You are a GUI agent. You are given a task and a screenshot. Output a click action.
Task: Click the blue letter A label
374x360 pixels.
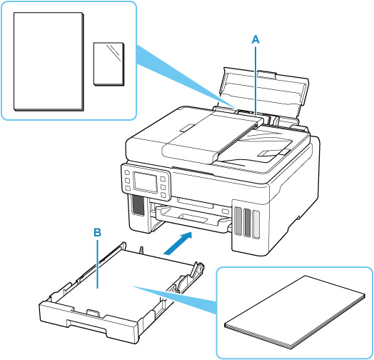tap(256, 39)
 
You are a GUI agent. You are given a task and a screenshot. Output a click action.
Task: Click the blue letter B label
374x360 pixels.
tap(97, 232)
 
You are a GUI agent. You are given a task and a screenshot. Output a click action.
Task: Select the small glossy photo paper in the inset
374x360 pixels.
tap(109, 64)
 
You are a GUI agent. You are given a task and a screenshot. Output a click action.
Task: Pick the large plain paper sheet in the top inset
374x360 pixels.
tap(49, 61)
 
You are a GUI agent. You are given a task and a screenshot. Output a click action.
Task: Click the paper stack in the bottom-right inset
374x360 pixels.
tap(295, 312)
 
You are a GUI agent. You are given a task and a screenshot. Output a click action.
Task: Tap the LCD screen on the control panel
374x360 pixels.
tap(146, 181)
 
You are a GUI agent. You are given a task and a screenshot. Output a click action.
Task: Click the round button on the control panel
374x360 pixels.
tap(126, 172)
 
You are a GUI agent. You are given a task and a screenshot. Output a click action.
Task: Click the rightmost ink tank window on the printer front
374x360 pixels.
tap(256, 224)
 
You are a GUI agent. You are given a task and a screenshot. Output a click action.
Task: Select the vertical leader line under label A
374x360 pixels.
tap(256, 81)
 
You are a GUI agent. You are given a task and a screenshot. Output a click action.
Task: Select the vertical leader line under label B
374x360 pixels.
tap(97, 264)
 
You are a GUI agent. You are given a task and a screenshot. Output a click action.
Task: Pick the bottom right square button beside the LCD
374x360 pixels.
tap(163, 195)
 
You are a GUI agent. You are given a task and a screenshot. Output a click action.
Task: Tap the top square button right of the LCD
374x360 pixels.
tap(163, 179)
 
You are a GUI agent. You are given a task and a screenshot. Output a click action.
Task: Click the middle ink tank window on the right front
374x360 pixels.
tap(247, 222)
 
